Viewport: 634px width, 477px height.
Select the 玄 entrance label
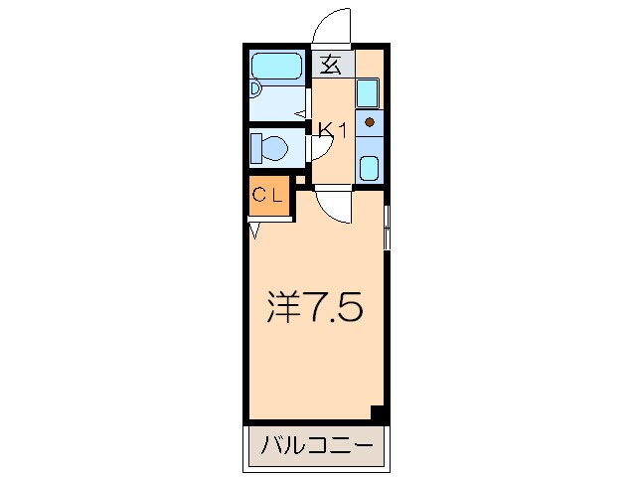pyautogui.click(x=332, y=66)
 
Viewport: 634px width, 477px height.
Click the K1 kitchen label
pyautogui.click(x=332, y=129)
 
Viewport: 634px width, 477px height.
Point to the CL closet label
pyautogui.click(x=268, y=195)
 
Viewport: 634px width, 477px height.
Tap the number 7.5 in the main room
pyautogui.click(x=333, y=308)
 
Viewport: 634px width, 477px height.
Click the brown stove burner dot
pyautogui.click(x=369, y=123)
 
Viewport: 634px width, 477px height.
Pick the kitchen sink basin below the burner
pyautogui.click(x=369, y=166)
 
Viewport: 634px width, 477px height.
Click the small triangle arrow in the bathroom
pyautogui.click(x=299, y=113)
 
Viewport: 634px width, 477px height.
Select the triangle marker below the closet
pyautogui.click(x=255, y=231)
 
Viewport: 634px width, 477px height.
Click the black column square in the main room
pyautogui.click(x=377, y=411)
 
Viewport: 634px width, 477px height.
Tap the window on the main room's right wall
pyautogui.click(x=387, y=228)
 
